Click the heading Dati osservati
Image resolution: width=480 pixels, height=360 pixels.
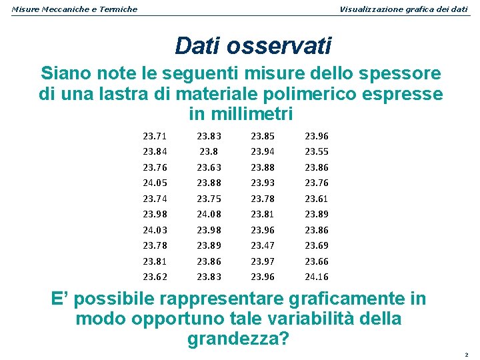click(x=253, y=46)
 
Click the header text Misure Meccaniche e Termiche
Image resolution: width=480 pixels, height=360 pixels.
click(x=75, y=9)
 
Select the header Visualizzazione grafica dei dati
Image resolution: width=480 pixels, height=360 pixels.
click(x=403, y=9)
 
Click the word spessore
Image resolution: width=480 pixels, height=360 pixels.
click(x=400, y=73)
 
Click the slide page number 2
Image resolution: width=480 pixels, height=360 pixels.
click(x=467, y=354)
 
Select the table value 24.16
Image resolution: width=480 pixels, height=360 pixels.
click(x=317, y=277)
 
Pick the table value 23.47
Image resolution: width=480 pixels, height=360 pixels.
click(x=262, y=245)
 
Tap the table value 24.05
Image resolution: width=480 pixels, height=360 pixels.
click(x=154, y=183)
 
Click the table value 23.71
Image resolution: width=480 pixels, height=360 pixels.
click(x=154, y=136)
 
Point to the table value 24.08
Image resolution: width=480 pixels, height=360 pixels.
click(x=208, y=214)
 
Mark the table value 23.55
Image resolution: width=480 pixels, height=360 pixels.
click(x=317, y=151)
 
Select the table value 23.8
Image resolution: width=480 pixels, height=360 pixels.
click(x=208, y=151)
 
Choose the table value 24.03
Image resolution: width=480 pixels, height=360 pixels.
click(x=154, y=230)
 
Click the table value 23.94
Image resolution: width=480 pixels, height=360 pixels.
click(x=262, y=151)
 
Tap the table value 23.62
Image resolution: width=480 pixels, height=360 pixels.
click(x=154, y=277)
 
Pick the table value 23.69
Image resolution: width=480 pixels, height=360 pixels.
click(x=317, y=245)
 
